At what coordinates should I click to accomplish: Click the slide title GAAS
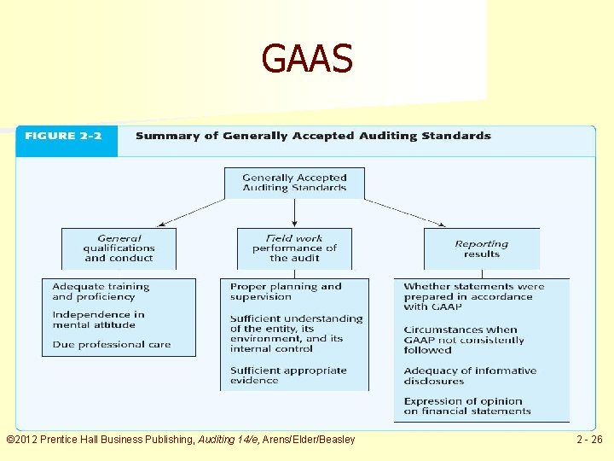point(307,59)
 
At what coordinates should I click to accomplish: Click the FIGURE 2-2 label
point(64,136)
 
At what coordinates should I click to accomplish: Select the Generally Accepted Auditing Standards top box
point(294,183)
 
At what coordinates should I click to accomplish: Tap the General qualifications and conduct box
point(119,248)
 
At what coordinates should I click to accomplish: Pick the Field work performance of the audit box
point(294,248)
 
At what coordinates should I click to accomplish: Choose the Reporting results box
point(482,248)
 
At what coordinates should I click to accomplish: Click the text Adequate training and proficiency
point(101,292)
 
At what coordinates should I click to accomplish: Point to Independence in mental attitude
point(98,319)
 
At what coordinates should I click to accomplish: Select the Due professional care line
point(112,345)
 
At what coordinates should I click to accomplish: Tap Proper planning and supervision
point(286,292)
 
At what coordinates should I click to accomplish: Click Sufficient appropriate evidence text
point(288,376)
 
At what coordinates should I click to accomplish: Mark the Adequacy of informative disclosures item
point(470,376)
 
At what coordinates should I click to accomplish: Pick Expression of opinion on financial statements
point(467,406)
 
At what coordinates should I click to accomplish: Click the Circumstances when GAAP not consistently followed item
point(464,340)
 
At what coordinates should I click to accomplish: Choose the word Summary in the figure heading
point(161,136)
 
